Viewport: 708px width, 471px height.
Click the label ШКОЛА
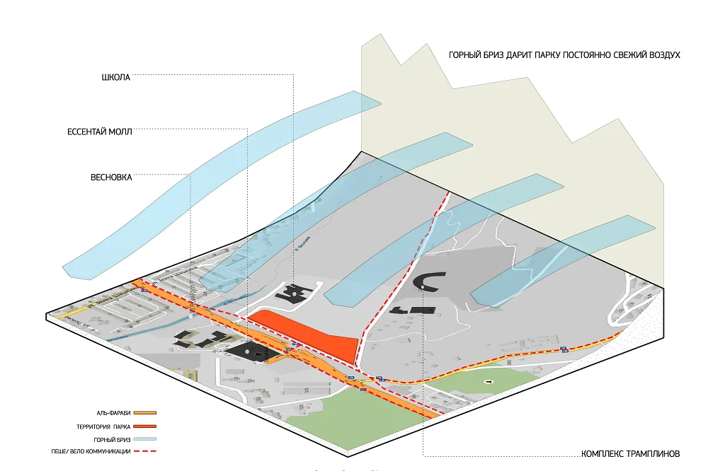[116, 78]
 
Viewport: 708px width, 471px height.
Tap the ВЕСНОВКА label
[111, 178]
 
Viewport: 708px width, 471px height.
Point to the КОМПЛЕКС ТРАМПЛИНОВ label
[630, 453]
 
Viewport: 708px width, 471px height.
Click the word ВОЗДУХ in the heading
[661, 54]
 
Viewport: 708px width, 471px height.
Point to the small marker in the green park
[487, 382]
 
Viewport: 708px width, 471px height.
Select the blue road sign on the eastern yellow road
[564, 349]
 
